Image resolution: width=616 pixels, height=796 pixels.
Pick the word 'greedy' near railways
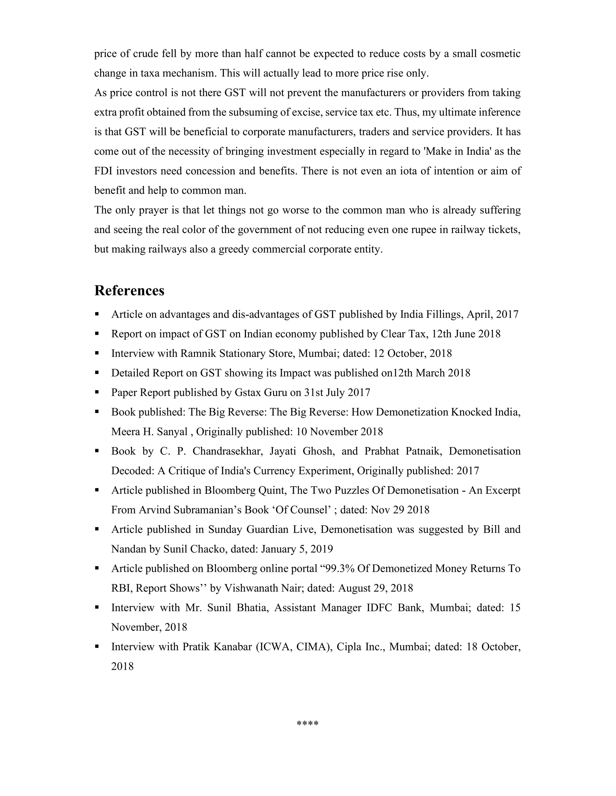(x=233, y=249)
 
